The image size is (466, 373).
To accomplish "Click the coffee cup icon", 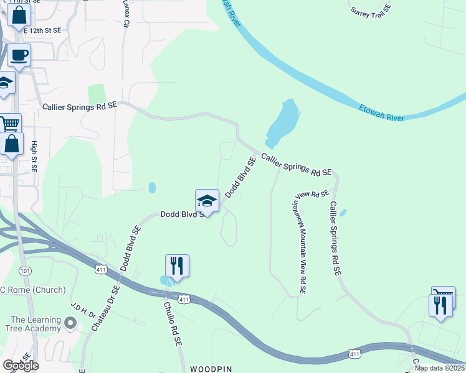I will [19, 55].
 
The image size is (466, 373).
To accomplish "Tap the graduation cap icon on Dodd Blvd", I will [207, 201].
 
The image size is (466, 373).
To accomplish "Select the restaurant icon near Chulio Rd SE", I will [177, 266].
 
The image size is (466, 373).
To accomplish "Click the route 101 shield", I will [25, 271].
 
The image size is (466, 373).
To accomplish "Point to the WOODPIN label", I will [211, 369].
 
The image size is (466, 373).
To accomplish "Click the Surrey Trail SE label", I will [371, 11].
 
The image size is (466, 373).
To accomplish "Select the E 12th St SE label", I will [42, 30].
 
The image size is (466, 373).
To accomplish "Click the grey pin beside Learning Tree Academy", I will [70, 323].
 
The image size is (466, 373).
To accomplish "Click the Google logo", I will [20, 366].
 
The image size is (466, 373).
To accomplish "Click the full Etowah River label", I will [382, 113].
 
